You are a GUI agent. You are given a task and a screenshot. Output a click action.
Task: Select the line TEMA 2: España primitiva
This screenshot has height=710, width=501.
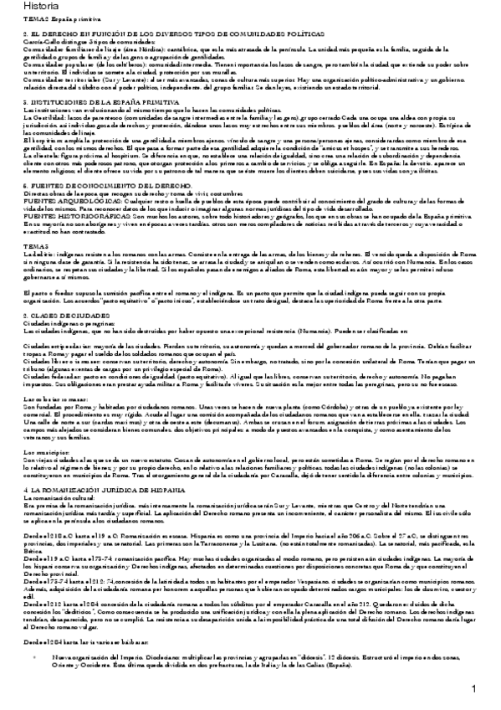(52, 19)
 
